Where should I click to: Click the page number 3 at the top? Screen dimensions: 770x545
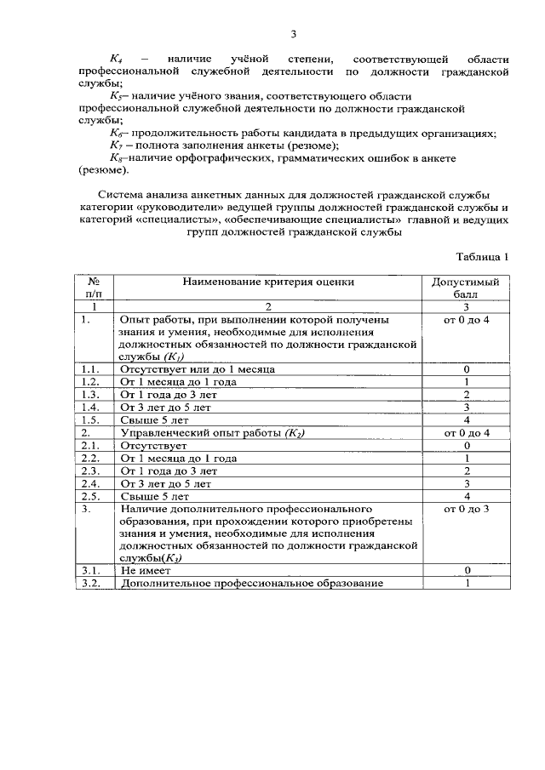(293, 34)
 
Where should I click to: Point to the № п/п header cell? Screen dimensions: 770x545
(95, 288)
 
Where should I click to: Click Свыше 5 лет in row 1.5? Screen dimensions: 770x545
(155, 420)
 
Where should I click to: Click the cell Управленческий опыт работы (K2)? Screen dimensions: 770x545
(213, 433)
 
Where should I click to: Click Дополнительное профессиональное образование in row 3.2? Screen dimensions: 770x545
(253, 583)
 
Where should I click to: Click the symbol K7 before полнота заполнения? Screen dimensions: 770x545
(118, 145)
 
